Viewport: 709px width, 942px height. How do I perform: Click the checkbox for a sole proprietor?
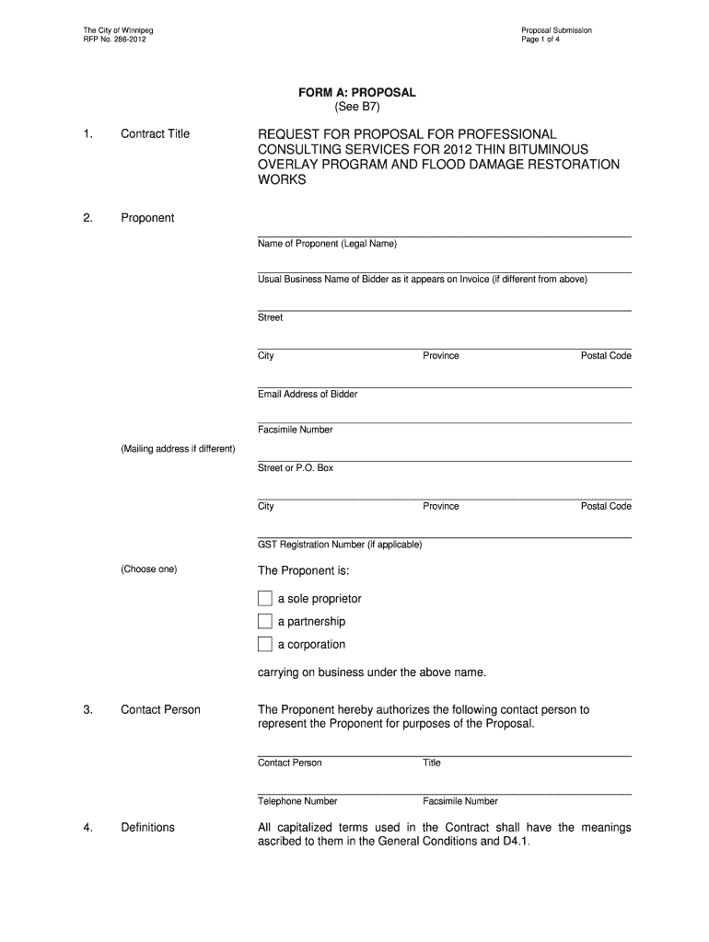tap(265, 599)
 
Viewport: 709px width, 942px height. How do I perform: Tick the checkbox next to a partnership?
tap(265, 622)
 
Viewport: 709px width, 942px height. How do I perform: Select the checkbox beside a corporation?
tap(265, 644)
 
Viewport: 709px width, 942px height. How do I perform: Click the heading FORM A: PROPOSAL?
tap(356, 93)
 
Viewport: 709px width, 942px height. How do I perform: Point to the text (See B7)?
tap(356, 107)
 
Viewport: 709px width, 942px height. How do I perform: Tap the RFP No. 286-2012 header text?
tap(113, 40)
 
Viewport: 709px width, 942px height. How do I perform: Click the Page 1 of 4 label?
tap(540, 40)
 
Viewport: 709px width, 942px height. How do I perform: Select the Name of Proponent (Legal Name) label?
tap(328, 244)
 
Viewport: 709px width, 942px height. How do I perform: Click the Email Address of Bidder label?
tap(308, 394)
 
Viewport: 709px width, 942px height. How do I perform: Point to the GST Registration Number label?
tap(340, 545)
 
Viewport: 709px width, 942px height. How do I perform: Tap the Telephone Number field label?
tap(297, 801)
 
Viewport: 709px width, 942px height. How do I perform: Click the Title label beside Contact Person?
tap(432, 763)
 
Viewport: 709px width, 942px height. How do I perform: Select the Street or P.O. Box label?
tap(296, 468)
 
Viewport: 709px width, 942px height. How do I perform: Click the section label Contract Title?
tap(155, 133)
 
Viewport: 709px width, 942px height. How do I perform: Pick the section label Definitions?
tap(147, 827)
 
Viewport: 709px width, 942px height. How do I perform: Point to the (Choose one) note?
tap(148, 569)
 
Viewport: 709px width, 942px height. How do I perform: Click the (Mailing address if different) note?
tap(178, 449)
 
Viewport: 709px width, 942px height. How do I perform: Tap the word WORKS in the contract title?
tap(281, 180)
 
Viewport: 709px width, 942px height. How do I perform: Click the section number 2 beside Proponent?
tap(87, 218)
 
